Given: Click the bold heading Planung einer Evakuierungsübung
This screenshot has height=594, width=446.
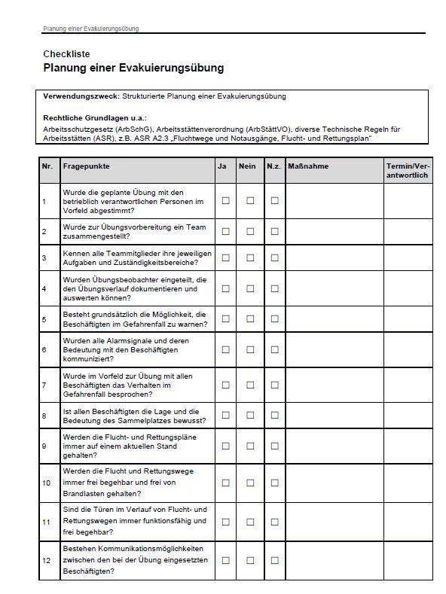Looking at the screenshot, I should pos(133,68).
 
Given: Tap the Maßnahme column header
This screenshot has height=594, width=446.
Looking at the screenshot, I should pos(308,166).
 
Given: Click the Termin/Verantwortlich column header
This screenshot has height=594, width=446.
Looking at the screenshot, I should pos(407,170).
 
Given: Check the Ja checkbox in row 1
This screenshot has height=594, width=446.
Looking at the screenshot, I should pos(225,201).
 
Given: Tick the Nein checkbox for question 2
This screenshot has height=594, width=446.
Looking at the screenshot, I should pos(250,231).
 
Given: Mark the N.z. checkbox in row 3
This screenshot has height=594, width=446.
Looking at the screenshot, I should pos(274,257).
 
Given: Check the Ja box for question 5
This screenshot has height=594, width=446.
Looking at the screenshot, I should pos(225,319).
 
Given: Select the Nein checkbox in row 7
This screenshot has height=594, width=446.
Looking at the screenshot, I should pos(250,385).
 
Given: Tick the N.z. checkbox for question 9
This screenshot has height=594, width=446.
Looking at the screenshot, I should pos(274,446).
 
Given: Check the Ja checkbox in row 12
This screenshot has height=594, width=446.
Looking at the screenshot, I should pos(225,560).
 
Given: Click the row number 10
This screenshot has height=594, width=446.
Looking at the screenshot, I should pos(47,483).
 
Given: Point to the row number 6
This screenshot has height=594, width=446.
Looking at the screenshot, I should pos(44,350).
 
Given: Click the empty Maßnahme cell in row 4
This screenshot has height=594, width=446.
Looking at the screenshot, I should pos(333,288).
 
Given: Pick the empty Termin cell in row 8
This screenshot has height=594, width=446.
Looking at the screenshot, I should pos(408,416).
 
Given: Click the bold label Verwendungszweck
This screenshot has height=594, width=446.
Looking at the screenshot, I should pos(76,96).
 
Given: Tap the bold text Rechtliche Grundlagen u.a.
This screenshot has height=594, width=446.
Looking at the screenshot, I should pos(95,118).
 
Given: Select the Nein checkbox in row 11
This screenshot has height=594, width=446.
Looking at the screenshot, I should pos(250,521).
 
